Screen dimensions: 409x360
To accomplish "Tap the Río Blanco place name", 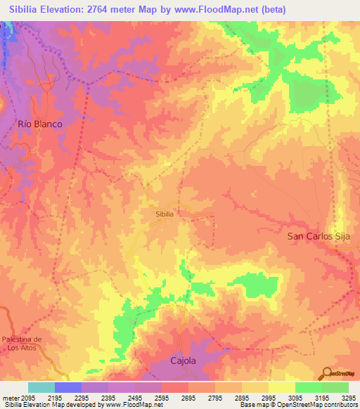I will [39, 124].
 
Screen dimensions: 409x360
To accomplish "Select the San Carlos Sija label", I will [323, 236].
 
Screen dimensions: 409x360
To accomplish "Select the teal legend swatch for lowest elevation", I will [41, 387].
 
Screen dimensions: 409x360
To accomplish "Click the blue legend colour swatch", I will [68, 387].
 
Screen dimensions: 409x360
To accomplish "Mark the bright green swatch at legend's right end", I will [335, 387].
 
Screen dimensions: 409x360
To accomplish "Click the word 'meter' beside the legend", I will [9, 397].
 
